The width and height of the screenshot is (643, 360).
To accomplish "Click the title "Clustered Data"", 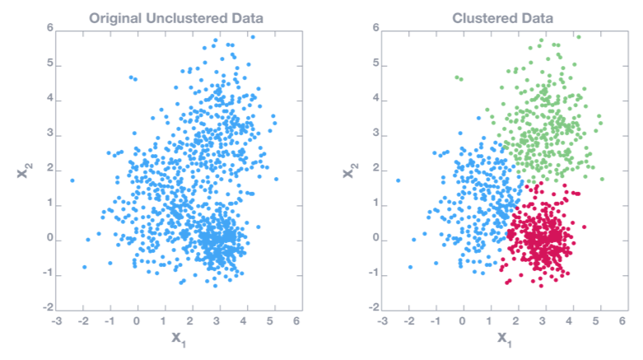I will click(502, 17).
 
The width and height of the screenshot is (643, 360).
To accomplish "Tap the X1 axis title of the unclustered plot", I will click(175, 338).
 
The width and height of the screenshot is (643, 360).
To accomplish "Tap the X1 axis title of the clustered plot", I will click(502, 338).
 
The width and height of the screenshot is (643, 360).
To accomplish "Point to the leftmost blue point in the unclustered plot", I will click(72, 180).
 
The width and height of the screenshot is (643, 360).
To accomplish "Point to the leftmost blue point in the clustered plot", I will click(398, 180).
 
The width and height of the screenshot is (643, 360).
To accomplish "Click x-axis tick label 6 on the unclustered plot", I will click(296, 320).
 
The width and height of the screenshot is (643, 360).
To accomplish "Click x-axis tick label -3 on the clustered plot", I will click(381, 320).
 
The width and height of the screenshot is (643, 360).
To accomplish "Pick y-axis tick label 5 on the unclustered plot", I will click(49, 63).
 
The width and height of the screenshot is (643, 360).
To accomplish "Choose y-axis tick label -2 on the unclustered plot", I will click(47, 307).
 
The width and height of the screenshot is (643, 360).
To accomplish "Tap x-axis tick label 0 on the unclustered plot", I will click(137, 320).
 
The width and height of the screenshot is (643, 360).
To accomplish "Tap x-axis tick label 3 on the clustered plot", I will click(543, 320).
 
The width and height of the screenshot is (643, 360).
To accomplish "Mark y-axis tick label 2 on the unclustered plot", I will click(49, 168).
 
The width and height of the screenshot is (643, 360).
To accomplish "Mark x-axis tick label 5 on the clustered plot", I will click(597, 320).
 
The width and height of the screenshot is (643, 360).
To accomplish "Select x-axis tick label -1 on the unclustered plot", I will click(109, 320).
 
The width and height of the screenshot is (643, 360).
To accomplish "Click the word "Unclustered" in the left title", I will click(179, 17).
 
